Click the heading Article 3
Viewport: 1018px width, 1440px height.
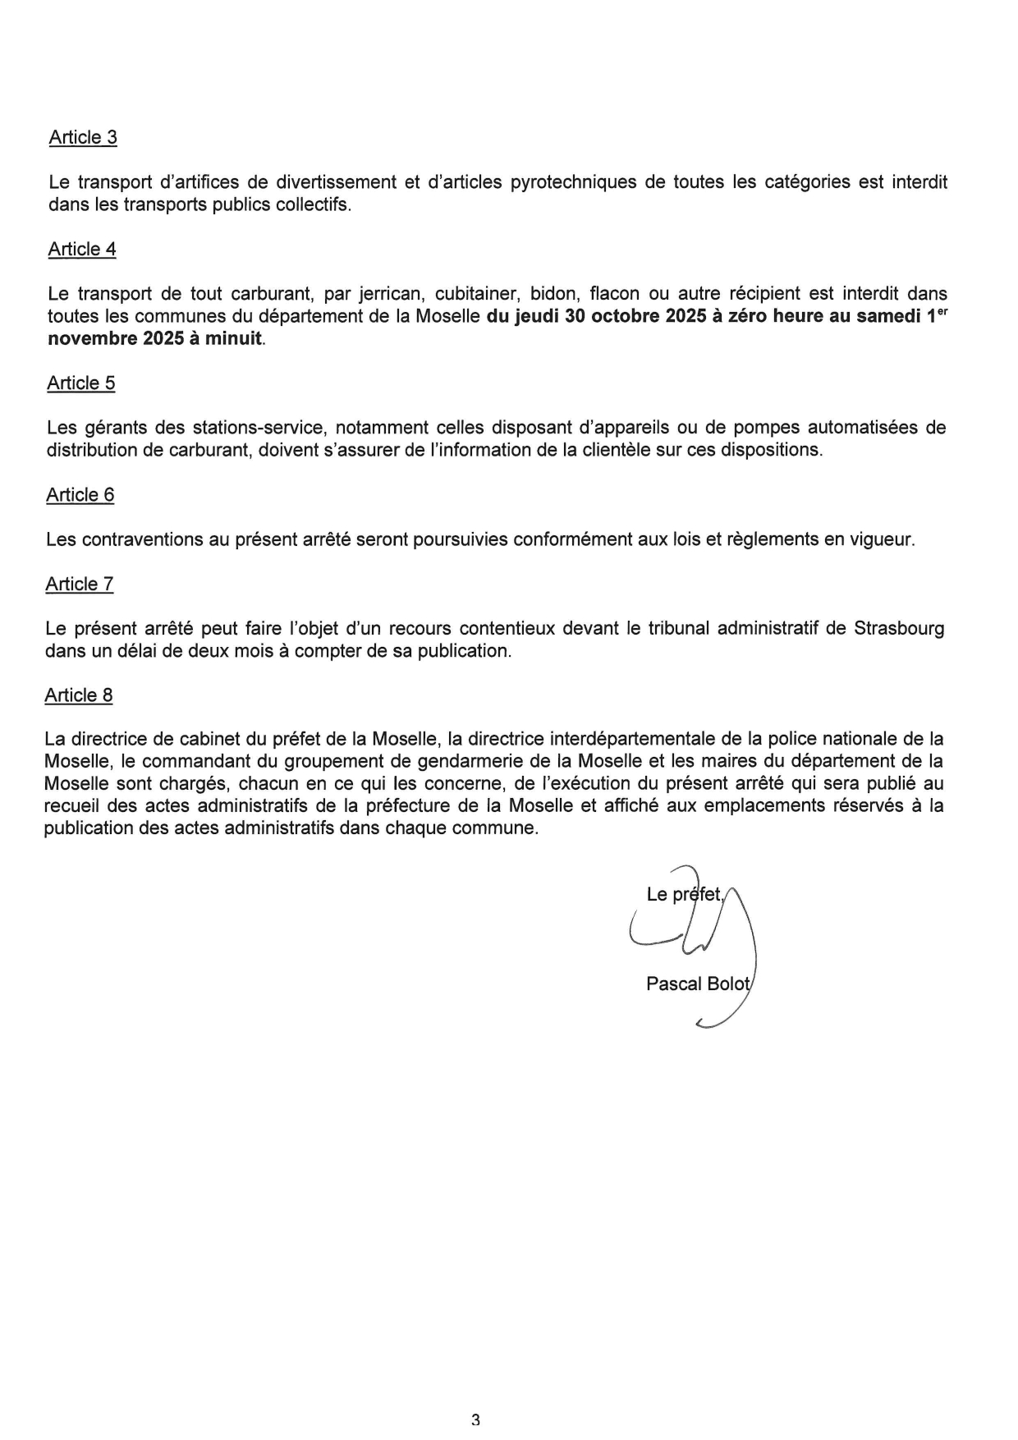click(83, 137)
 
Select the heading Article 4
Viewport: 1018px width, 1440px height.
click(82, 249)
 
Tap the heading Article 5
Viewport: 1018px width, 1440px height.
click(81, 383)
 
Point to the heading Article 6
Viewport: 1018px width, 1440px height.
click(80, 495)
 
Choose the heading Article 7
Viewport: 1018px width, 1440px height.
click(80, 585)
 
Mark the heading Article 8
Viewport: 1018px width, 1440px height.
click(79, 695)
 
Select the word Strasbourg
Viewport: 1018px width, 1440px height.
click(899, 629)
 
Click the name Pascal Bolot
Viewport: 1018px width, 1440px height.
click(698, 984)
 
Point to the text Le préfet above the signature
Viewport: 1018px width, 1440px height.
click(684, 895)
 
